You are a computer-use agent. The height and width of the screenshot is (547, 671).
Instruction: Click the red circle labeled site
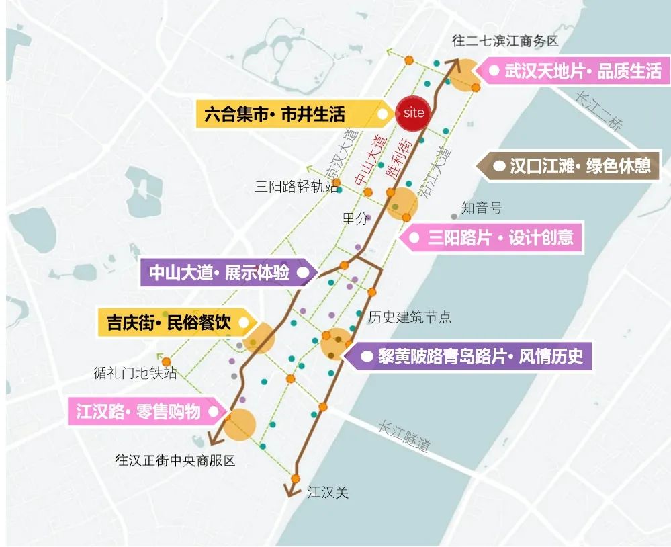pos(413,112)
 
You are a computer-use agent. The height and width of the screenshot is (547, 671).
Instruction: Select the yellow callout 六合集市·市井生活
pos(282,114)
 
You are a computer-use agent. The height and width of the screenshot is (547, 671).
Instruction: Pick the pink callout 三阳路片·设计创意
pos(493,238)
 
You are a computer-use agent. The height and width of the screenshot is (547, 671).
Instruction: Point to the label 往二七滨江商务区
pos(505,41)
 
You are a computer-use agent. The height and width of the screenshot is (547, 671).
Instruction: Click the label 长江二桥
pos(599,112)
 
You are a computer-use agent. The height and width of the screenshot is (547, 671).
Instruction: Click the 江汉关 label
pos(328,493)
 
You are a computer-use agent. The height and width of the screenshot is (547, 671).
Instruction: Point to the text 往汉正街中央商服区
pos(175,461)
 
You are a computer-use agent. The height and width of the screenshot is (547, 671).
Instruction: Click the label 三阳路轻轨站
pos(296,187)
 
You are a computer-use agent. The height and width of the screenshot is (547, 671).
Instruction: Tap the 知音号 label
pos(482,208)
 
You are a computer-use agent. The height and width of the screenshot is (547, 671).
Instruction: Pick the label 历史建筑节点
pos(410,317)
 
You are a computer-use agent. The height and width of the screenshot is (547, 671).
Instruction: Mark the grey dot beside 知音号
pos(455,216)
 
